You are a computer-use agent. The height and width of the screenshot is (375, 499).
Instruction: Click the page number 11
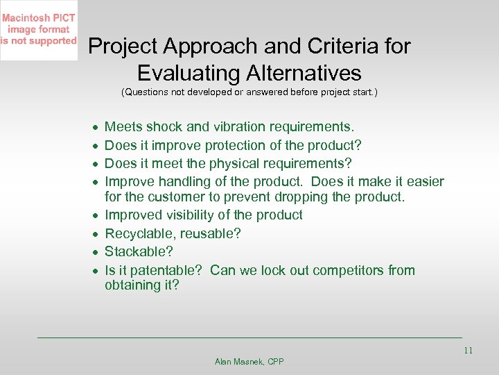pyautogui.click(x=468, y=351)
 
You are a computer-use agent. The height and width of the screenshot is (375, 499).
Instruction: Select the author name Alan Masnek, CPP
pyautogui.click(x=249, y=362)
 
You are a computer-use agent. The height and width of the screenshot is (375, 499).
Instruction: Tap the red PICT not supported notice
pyautogui.click(x=39, y=29)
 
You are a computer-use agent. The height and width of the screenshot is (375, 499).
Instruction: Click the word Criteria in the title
pyautogui.click(x=323, y=47)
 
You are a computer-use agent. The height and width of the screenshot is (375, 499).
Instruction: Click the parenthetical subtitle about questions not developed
pyautogui.click(x=249, y=92)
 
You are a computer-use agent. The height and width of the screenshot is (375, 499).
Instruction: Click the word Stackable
pyautogui.click(x=136, y=252)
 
